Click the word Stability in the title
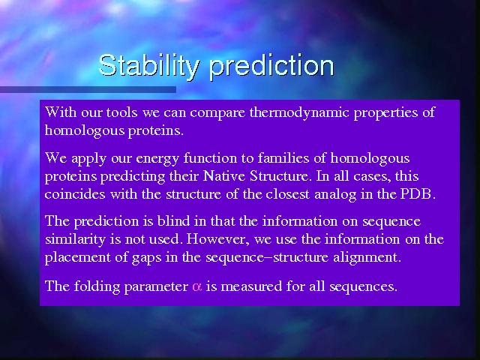pyautogui.click(x=149, y=65)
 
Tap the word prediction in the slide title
pyautogui.click(x=271, y=65)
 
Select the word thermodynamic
pyautogui.click(x=299, y=113)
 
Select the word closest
pyautogui.click(x=287, y=194)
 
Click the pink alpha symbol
pyautogui.click(x=196, y=287)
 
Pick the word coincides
pyautogui.click(x=75, y=194)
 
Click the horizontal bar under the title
pyautogui.click(x=88, y=89)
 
